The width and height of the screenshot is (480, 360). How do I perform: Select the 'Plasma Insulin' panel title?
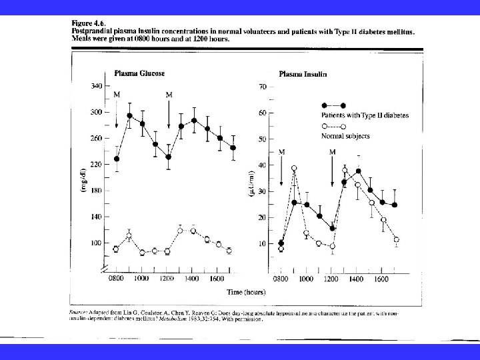point(303,75)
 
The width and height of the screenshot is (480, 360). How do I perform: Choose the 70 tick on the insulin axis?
point(262,87)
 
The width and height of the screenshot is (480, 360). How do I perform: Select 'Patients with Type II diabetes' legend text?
point(365,115)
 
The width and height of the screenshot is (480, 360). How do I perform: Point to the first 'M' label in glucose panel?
point(117,95)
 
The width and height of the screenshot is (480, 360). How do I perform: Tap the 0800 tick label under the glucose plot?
point(117,279)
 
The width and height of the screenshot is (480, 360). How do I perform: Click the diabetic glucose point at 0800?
point(117,159)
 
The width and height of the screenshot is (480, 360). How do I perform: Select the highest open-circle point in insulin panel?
point(294,168)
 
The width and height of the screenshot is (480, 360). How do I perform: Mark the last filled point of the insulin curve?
point(395,205)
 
